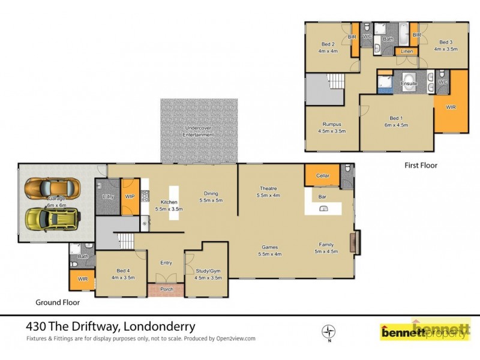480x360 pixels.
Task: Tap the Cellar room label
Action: pos(322,175)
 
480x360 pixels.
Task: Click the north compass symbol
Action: pos(328,331)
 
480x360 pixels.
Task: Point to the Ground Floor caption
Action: pos(58,303)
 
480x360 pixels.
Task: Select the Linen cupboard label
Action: pos(407,52)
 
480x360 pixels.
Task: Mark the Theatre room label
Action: pos(268,188)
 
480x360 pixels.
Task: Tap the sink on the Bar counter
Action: pos(323,209)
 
